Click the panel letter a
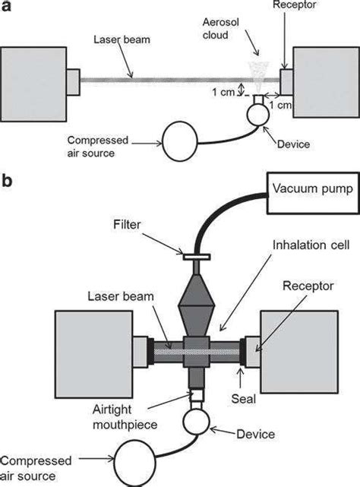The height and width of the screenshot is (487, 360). (x=6, y=7)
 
